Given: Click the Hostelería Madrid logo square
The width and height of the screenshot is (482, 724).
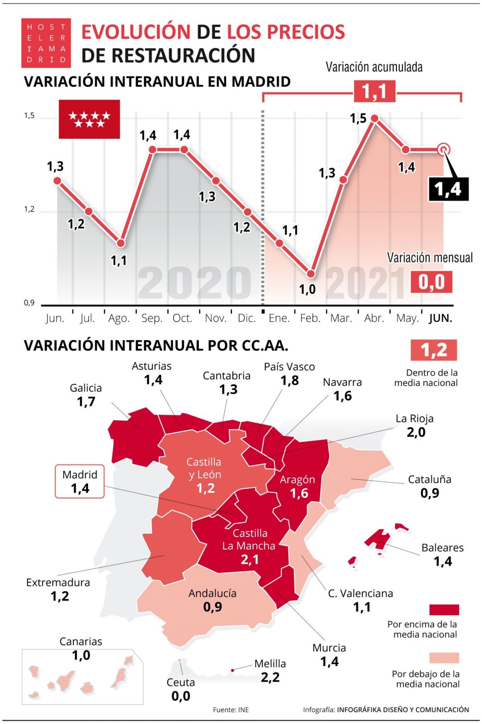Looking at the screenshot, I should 46,43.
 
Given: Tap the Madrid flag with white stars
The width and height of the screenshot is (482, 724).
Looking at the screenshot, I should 89,119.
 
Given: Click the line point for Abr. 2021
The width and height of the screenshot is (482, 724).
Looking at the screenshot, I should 374,119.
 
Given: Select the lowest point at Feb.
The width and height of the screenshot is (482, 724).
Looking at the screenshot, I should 311,274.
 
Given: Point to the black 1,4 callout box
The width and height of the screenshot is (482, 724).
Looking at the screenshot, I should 448,189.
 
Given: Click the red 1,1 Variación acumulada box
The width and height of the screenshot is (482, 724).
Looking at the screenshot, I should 374,91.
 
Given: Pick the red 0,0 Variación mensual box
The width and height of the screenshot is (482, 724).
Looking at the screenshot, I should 431,282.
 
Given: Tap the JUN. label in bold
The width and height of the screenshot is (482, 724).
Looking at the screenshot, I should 440,318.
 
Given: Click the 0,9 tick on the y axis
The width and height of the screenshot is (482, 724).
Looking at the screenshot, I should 29,303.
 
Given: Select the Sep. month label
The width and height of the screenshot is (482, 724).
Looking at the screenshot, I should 151,318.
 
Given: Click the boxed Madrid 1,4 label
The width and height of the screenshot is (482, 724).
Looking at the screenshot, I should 80,481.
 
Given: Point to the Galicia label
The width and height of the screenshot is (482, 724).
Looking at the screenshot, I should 85,388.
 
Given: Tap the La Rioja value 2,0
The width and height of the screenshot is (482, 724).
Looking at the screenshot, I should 416,432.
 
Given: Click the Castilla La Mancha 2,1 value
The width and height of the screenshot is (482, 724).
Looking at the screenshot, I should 250,560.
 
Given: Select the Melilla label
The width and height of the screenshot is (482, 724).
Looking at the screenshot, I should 270,663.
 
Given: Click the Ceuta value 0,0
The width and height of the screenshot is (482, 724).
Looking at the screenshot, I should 181,696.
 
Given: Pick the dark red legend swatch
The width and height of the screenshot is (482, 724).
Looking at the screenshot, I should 444,610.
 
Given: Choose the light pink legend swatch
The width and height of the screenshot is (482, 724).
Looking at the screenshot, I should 444,658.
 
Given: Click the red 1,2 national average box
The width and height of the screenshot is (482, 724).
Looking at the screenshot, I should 434,350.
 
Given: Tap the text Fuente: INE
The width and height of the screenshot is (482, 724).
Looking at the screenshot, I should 231,710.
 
